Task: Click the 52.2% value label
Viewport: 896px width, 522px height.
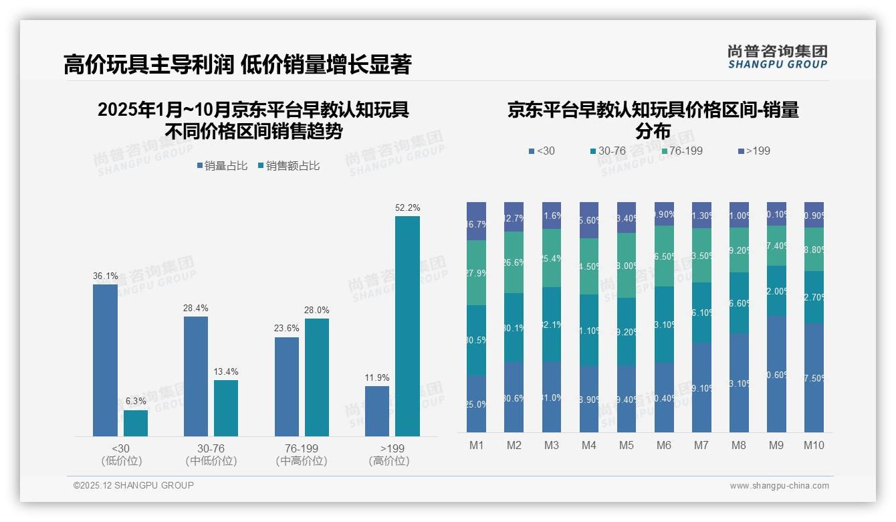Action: click(x=407, y=208)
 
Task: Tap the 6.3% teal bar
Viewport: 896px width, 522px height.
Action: click(x=136, y=423)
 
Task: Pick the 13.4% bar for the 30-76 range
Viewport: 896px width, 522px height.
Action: click(x=226, y=408)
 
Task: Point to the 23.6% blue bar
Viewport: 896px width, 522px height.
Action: click(x=287, y=387)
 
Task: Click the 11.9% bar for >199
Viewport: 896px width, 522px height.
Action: click(x=377, y=411)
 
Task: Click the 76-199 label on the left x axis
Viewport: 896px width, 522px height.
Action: click(x=302, y=448)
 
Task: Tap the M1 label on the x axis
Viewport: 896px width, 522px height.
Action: click(x=476, y=445)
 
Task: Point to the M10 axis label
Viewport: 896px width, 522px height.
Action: click(x=814, y=445)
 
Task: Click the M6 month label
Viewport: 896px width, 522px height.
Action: click(x=664, y=445)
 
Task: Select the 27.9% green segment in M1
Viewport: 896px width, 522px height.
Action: click(x=476, y=272)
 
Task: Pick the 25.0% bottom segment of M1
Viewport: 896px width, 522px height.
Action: click(x=476, y=403)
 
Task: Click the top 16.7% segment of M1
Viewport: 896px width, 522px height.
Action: click(x=476, y=221)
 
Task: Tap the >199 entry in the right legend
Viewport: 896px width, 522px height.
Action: click(x=754, y=151)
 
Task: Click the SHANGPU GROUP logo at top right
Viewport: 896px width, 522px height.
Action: click(x=777, y=57)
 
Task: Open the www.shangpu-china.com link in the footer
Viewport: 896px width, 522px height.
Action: click(x=779, y=486)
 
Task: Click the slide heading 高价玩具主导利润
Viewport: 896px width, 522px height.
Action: click(x=148, y=64)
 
